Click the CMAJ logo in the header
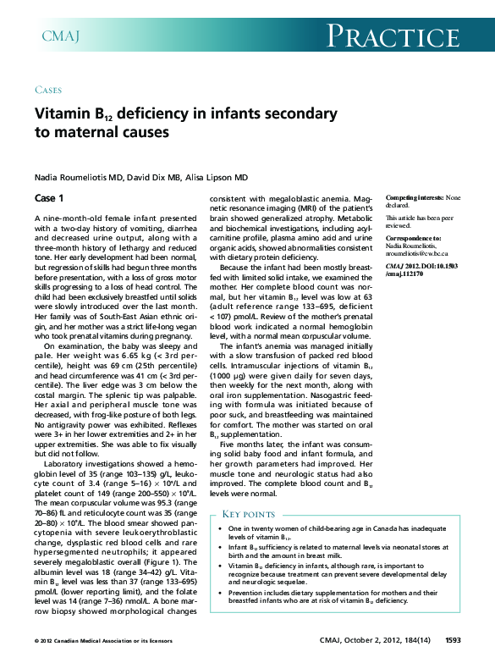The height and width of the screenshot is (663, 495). tap(61, 35)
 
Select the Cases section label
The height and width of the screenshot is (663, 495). tap(47, 89)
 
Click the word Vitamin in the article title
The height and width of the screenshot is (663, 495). tap(63, 113)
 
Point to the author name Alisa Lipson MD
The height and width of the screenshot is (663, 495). tap(217, 177)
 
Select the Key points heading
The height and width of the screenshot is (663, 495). tap(249, 514)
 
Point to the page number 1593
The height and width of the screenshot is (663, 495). tap(453, 640)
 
